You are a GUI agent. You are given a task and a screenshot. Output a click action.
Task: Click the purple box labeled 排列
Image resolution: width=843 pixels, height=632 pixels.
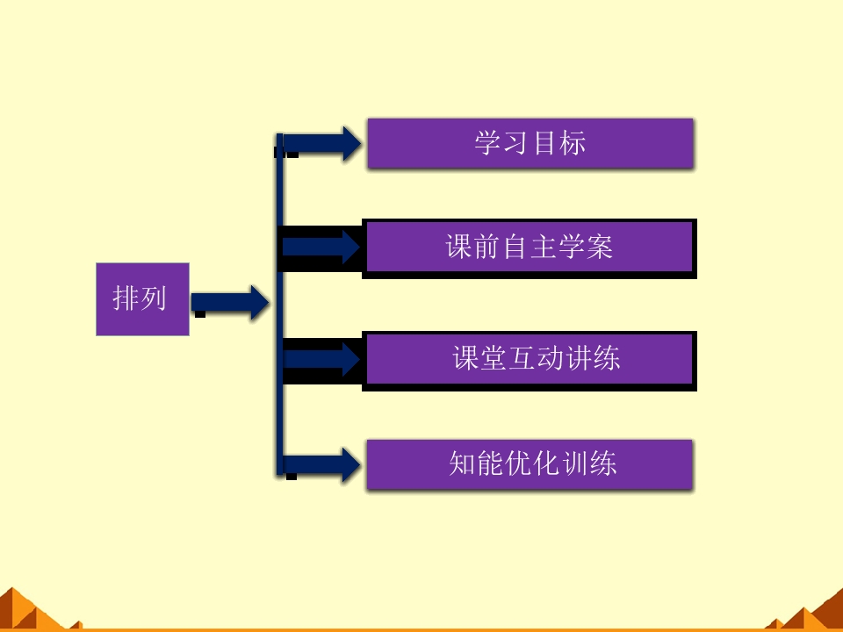pyautogui.click(x=142, y=299)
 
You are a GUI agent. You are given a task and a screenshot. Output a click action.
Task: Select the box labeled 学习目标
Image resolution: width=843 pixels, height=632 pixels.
pyautogui.click(x=530, y=143)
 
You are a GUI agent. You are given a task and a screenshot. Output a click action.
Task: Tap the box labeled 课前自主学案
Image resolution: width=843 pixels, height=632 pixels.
pyautogui.click(x=530, y=248)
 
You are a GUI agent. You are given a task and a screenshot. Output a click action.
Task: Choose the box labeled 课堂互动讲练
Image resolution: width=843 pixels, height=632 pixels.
pyautogui.click(x=530, y=359)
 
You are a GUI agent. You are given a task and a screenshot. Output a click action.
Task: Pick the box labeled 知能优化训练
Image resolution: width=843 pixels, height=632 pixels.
pyautogui.click(x=530, y=464)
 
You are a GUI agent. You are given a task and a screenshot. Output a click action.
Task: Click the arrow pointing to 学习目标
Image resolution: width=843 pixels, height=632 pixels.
pyautogui.click(x=323, y=144)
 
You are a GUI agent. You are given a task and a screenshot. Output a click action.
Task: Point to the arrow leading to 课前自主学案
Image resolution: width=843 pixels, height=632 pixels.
pyautogui.click(x=321, y=248)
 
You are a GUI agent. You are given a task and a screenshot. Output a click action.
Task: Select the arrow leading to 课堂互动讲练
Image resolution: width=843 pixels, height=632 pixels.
pyautogui.click(x=321, y=359)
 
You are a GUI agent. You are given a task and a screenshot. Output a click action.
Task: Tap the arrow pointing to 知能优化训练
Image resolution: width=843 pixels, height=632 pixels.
pyautogui.click(x=323, y=464)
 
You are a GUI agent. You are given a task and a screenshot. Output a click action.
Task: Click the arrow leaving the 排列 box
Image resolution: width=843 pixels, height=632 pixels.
pyautogui.click(x=230, y=302)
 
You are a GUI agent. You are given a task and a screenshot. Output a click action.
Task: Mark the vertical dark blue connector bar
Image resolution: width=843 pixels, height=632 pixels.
pyautogui.click(x=280, y=303)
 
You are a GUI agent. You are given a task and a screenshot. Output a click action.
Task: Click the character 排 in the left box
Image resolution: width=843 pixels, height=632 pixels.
pyautogui.click(x=126, y=299)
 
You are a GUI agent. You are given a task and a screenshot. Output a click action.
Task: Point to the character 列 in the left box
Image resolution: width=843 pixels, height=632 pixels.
pyautogui.click(x=154, y=299)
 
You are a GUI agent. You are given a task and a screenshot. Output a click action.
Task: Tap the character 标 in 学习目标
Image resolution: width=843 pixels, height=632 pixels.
pyautogui.click(x=572, y=143)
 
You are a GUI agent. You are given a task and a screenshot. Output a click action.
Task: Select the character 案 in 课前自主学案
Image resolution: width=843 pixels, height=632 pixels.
pyautogui.click(x=599, y=248)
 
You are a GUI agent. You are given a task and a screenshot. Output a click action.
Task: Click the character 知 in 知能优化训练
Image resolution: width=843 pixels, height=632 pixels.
pyautogui.click(x=463, y=464)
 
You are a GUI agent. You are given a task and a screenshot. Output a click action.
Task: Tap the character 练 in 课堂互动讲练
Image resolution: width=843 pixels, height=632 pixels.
pyautogui.click(x=607, y=359)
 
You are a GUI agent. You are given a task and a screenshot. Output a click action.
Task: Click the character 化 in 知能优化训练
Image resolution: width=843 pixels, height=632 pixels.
pyautogui.click(x=547, y=464)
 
